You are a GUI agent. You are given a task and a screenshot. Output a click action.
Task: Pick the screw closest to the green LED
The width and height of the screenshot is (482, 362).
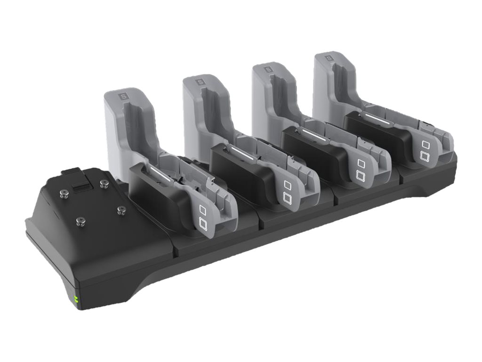pos(80,220)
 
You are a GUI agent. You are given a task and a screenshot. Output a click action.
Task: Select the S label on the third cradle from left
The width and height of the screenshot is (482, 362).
pos(268,69)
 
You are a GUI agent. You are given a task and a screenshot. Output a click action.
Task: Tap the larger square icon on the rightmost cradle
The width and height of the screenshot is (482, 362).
pos(425,156)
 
